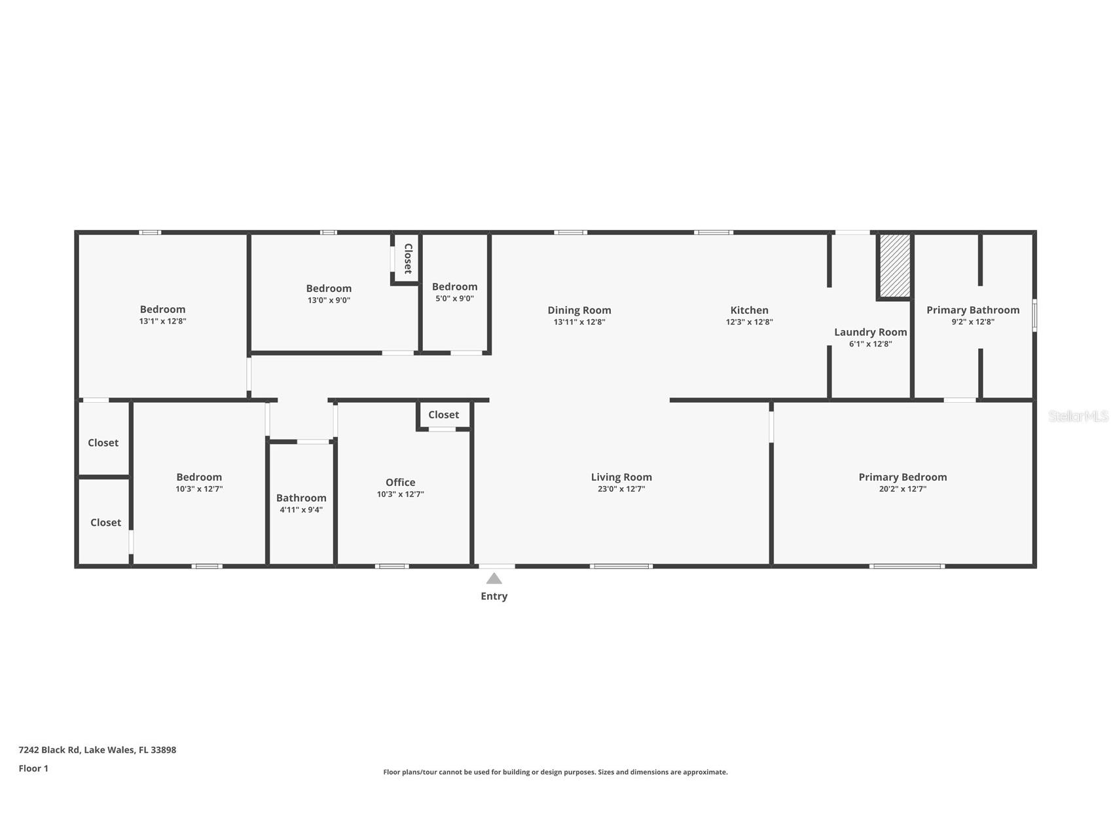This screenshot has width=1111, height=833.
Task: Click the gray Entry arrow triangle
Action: point(494,578)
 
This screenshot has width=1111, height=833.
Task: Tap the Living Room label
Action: point(621,477)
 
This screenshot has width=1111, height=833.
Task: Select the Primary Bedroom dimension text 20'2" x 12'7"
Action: point(902,489)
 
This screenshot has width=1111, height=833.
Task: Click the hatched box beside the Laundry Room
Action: point(894,267)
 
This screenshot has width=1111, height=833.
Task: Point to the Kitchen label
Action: point(749,310)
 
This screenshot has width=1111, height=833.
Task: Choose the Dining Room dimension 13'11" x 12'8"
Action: point(579,322)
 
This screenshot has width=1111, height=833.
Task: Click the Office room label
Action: point(400,483)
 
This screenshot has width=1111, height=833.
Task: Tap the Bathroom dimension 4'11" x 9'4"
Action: point(301,509)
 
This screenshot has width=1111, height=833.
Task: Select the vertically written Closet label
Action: point(408,259)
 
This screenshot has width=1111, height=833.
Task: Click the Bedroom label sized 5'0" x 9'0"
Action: point(454,287)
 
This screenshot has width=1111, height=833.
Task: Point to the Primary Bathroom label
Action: point(973,310)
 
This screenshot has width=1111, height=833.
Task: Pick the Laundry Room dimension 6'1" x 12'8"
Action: point(870,344)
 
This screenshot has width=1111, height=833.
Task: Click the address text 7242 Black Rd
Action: point(49,750)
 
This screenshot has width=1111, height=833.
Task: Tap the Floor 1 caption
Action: point(33,768)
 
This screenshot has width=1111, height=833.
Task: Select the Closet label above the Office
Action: point(443,415)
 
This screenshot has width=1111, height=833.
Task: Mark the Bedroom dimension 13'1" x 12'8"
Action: point(162,321)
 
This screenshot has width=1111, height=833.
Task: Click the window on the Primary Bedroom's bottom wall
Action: point(907,566)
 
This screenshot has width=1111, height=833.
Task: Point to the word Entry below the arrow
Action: point(494,596)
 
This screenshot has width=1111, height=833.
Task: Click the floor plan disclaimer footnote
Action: point(555,772)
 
